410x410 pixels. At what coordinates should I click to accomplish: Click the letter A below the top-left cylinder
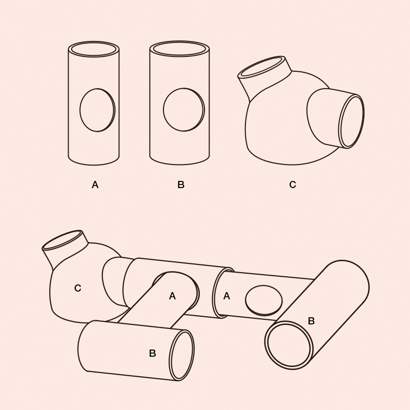pos(95,185)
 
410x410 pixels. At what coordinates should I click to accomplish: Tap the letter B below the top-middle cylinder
pos(181,184)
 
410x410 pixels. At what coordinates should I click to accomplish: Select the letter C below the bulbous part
pos(293,184)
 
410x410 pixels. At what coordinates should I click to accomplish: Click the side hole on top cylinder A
pos(97,110)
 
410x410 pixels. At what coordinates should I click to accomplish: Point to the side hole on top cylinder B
pos(184,110)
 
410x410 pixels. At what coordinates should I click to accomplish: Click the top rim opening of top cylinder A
pos(94,49)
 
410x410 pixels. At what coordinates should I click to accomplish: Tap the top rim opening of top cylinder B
pos(179,49)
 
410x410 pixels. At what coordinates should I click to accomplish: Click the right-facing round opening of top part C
pos(352,121)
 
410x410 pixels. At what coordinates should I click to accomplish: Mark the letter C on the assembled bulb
pos(78,288)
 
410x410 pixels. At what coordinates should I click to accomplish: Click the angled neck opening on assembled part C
pos(63,239)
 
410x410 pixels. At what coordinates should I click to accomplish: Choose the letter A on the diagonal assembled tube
pos(172,296)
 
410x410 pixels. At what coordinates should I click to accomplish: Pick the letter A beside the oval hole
pos(227,296)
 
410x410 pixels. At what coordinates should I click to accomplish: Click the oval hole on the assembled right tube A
pos(264,300)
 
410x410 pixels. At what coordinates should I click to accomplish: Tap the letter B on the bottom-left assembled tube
pos(152,353)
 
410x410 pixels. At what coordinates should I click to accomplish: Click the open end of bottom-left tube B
pos(182,355)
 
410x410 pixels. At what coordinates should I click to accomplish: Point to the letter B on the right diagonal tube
pos(311,321)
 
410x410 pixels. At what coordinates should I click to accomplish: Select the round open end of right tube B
pos(289,345)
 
